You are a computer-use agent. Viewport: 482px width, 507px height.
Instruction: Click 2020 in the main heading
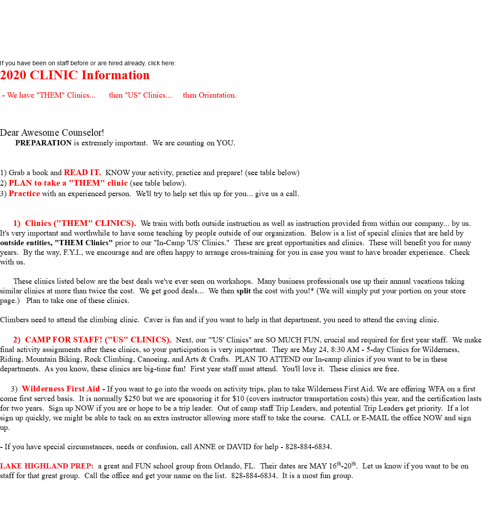(14, 75)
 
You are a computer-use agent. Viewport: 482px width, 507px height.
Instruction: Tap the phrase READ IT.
(82, 173)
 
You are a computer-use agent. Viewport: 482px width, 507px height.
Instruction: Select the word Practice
(25, 194)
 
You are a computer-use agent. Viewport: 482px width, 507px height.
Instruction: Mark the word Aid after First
(93, 389)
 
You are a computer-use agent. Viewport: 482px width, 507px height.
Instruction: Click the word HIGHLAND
(44, 466)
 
